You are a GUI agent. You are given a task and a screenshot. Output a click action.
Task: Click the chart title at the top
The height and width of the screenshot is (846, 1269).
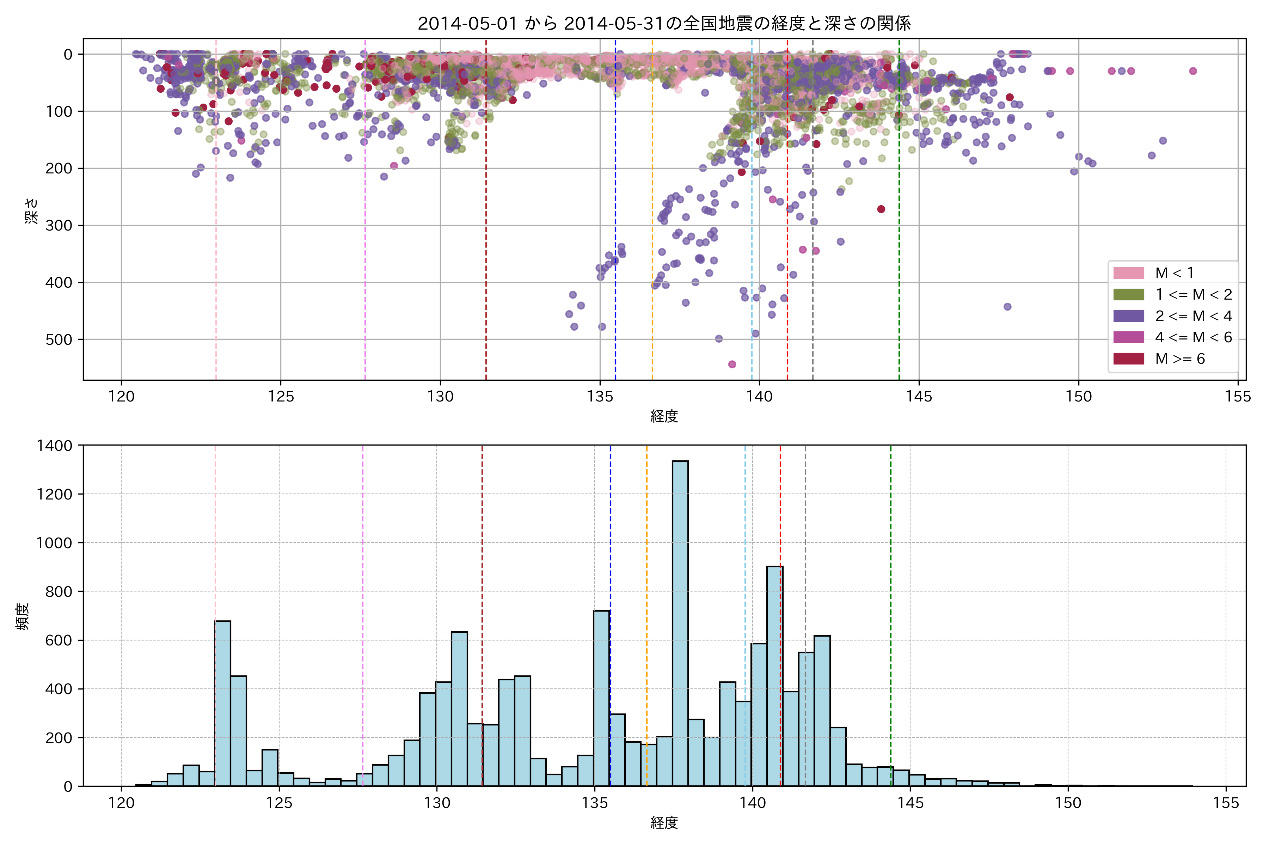point(664,23)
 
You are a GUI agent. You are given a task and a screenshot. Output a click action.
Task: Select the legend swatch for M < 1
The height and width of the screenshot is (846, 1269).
point(1128,273)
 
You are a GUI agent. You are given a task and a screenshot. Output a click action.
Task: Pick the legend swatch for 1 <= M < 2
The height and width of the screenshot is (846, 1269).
point(1128,295)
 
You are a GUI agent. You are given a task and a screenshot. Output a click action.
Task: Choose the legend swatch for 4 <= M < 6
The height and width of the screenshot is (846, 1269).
point(1128,337)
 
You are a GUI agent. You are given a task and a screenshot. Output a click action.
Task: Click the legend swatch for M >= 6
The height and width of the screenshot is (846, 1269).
point(1128,359)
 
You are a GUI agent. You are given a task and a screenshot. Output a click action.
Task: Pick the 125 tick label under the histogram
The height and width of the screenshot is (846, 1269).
point(279,803)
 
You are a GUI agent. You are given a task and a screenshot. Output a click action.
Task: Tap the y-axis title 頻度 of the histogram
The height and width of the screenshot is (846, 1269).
point(23,616)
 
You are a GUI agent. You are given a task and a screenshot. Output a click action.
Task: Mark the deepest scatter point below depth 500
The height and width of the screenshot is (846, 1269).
point(732,364)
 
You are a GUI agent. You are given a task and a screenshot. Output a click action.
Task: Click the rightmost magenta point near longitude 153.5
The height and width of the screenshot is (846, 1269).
point(1193,71)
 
